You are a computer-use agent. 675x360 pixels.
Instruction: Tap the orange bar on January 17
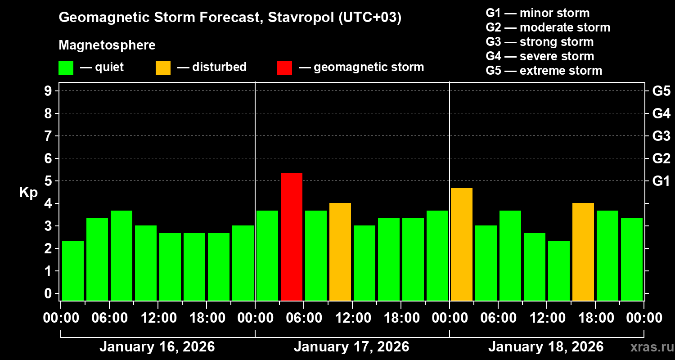(340, 252)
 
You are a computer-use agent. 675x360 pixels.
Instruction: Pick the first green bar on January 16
(73, 270)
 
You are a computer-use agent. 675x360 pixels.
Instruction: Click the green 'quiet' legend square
(66, 67)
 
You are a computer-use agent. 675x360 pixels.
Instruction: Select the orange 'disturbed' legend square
(163, 67)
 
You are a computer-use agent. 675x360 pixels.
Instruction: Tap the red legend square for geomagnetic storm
(284, 67)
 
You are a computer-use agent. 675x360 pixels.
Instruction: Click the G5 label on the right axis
(661, 91)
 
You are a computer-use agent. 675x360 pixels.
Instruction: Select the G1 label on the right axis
(661, 181)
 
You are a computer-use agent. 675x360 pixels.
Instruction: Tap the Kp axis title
(28, 192)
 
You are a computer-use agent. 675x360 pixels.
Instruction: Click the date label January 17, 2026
(351, 347)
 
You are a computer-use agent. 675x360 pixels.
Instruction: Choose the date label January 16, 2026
(157, 347)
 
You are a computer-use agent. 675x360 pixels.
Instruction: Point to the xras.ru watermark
(649, 347)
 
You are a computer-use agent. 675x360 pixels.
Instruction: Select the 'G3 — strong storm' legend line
(540, 42)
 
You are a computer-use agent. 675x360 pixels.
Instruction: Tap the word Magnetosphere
(107, 45)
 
